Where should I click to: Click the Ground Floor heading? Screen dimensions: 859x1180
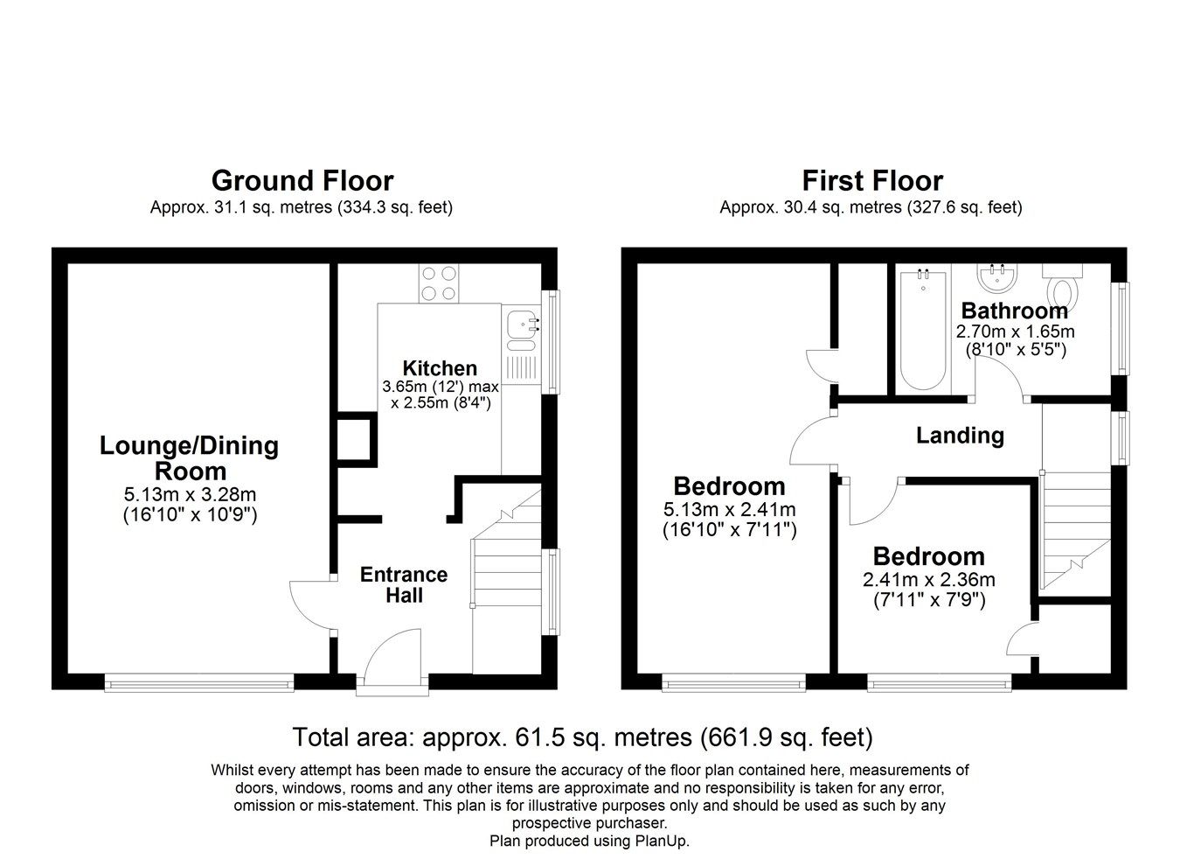[302, 181]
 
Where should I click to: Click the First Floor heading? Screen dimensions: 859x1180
[871, 181]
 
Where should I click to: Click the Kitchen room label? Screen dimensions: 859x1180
[440, 368]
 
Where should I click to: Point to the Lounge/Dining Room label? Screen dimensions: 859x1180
[190, 457]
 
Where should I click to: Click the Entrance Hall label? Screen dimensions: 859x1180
[404, 585]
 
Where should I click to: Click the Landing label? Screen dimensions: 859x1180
[960, 436]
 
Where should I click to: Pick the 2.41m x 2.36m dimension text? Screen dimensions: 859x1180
[929, 580]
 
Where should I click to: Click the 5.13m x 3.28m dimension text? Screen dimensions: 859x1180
[190, 495]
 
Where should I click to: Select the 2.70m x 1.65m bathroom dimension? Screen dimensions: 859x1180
[1015, 332]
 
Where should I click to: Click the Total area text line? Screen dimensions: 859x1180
[582, 737]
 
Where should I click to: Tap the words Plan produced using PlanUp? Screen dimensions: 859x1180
[590, 842]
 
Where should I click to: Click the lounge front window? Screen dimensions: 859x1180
[199, 681]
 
